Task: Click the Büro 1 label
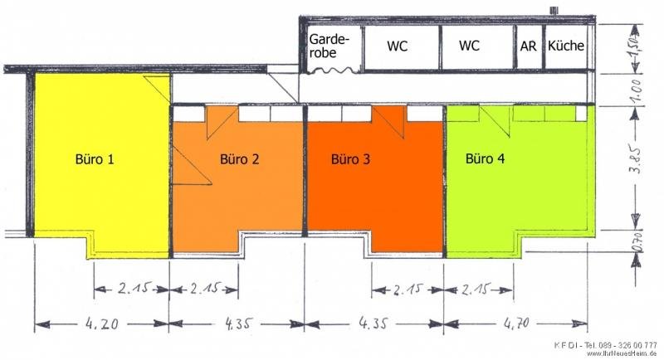(95, 159)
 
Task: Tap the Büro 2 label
(239, 159)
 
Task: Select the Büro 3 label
(350, 159)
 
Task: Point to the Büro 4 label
(485, 159)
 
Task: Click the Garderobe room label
(330, 46)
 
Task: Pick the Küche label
(566, 46)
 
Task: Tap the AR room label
(528, 46)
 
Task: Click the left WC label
(398, 46)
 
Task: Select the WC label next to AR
(469, 46)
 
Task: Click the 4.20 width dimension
(102, 324)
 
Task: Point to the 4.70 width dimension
(516, 324)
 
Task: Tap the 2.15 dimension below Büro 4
(475, 289)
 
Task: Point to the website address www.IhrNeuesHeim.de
(622, 353)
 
